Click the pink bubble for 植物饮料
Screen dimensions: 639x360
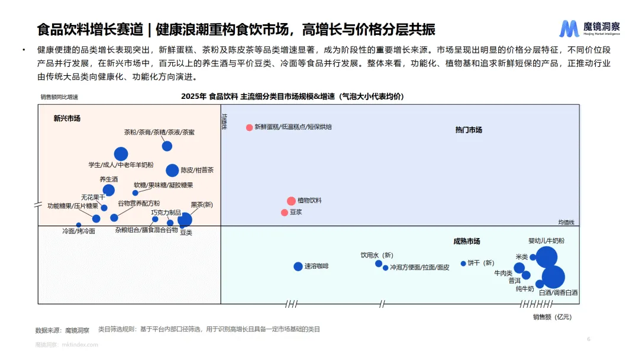tap(291, 201)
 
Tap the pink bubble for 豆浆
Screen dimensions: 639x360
tap(285, 213)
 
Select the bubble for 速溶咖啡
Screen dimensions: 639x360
tap(298, 266)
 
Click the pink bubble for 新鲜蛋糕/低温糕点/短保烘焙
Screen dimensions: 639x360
tap(250, 127)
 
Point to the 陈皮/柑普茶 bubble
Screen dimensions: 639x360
tap(172, 171)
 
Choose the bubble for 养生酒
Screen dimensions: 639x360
tap(109, 190)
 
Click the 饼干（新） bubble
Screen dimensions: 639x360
tap(463, 263)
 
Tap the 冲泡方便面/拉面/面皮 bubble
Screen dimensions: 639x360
tap(386, 268)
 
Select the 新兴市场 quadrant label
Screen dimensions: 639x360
tap(67, 118)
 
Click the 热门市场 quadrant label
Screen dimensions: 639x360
tap(469, 130)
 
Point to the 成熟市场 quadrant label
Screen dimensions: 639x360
tap(466, 242)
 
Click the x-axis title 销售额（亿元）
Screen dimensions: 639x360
tap(552, 317)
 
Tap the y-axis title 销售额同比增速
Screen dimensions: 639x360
tap(59, 97)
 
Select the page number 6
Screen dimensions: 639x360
tap(589, 339)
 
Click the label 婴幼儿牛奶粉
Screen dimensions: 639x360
tap(546, 241)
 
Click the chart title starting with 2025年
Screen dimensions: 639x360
tap(292, 97)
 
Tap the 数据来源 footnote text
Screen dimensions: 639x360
tap(62, 329)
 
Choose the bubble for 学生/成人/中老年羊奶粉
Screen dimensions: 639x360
tap(121, 154)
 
